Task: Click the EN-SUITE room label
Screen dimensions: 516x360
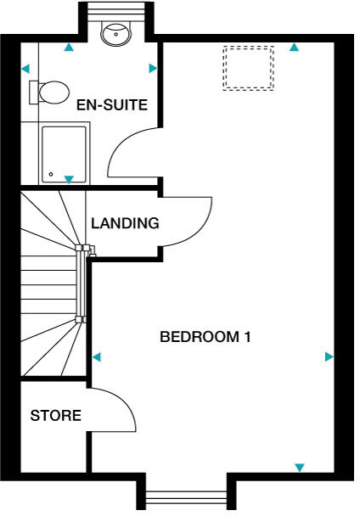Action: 112,106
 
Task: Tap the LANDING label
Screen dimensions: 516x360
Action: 126,224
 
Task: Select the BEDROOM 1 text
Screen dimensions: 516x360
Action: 205,337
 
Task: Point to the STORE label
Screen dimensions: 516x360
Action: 56,416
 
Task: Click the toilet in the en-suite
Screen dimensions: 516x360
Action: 52,92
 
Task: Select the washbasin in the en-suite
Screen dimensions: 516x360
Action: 112,33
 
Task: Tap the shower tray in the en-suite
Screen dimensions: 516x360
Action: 65,154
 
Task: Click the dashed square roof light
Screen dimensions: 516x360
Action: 249,68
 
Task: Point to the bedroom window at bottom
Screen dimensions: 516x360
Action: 186,500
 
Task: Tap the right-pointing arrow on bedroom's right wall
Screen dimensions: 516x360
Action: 329,357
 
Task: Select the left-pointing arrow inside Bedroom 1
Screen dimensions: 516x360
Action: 96,356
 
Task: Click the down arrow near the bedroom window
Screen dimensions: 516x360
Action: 299,468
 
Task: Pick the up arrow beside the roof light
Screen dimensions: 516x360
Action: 294,48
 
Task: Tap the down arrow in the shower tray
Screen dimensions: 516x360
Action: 69,179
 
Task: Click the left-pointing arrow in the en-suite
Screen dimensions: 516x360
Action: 25,69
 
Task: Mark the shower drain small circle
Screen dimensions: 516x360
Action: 51,176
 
